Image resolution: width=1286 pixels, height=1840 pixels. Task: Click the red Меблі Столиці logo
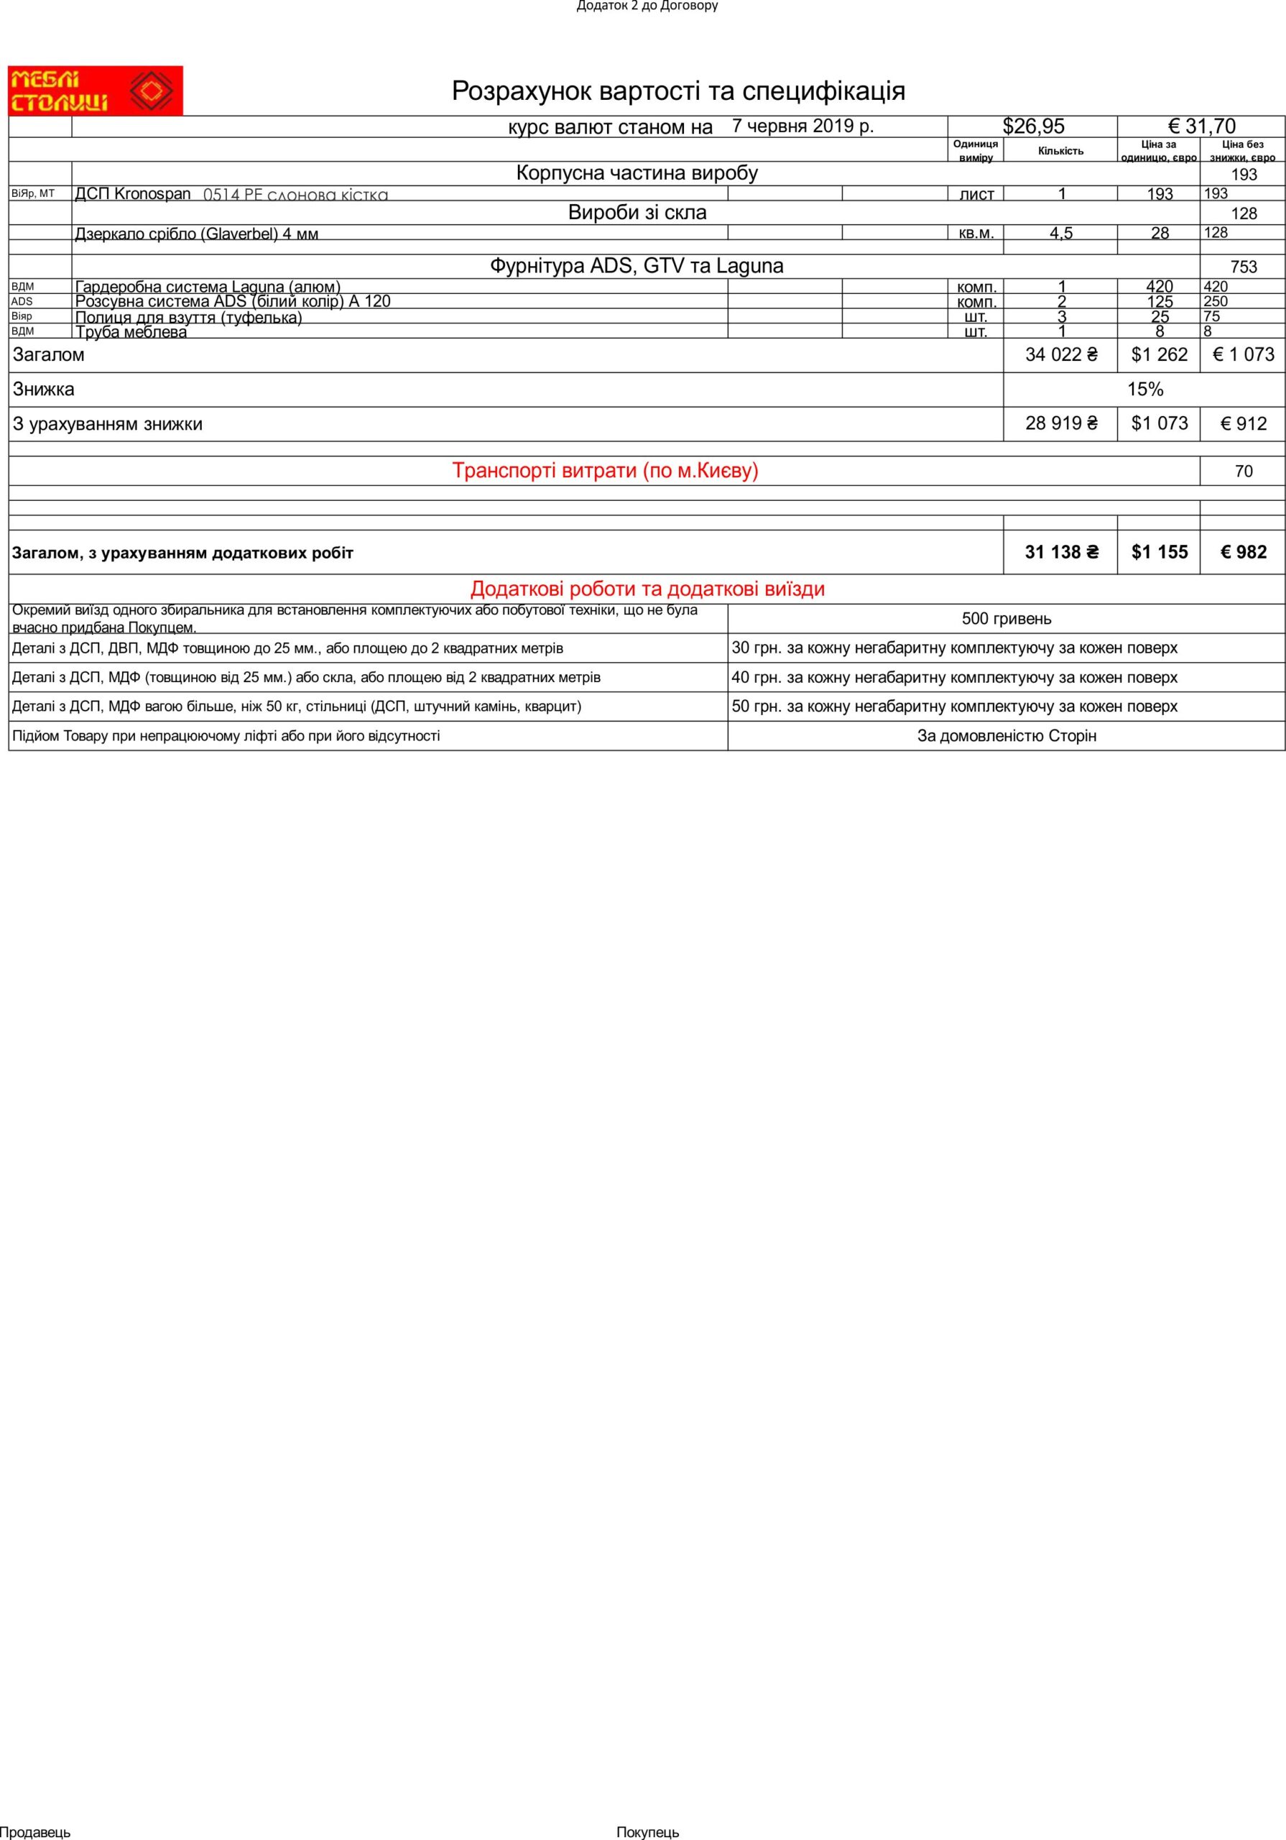click(96, 91)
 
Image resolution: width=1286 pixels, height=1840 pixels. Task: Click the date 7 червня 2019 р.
click(802, 126)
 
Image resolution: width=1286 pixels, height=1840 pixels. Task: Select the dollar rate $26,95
click(1033, 126)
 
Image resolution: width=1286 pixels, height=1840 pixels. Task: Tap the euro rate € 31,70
click(1201, 126)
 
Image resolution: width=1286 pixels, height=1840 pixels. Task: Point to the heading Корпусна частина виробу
click(637, 173)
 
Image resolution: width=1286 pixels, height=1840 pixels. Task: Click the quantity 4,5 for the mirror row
click(1061, 233)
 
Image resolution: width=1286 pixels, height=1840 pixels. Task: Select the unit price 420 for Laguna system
click(1159, 286)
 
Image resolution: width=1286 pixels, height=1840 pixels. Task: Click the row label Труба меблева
click(131, 332)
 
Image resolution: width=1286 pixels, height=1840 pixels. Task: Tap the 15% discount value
click(1144, 390)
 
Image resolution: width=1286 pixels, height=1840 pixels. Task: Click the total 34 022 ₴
click(1061, 355)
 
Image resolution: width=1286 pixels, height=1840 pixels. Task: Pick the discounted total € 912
click(1243, 424)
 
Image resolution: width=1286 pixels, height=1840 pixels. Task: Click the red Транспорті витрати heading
click(605, 470)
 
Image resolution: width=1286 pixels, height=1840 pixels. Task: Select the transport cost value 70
click(1243, 471)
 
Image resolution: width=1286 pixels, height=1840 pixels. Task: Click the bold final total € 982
click(1243, 552)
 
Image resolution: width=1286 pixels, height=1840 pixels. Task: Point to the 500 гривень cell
click(1006, 619)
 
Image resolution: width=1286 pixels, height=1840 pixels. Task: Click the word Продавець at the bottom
click(35, 1832)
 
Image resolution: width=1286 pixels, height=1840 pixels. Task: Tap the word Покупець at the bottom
click(647, 1832)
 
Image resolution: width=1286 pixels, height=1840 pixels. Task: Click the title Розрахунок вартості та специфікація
click(678, 91)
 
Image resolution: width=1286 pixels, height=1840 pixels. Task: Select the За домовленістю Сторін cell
click(1006, 736)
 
